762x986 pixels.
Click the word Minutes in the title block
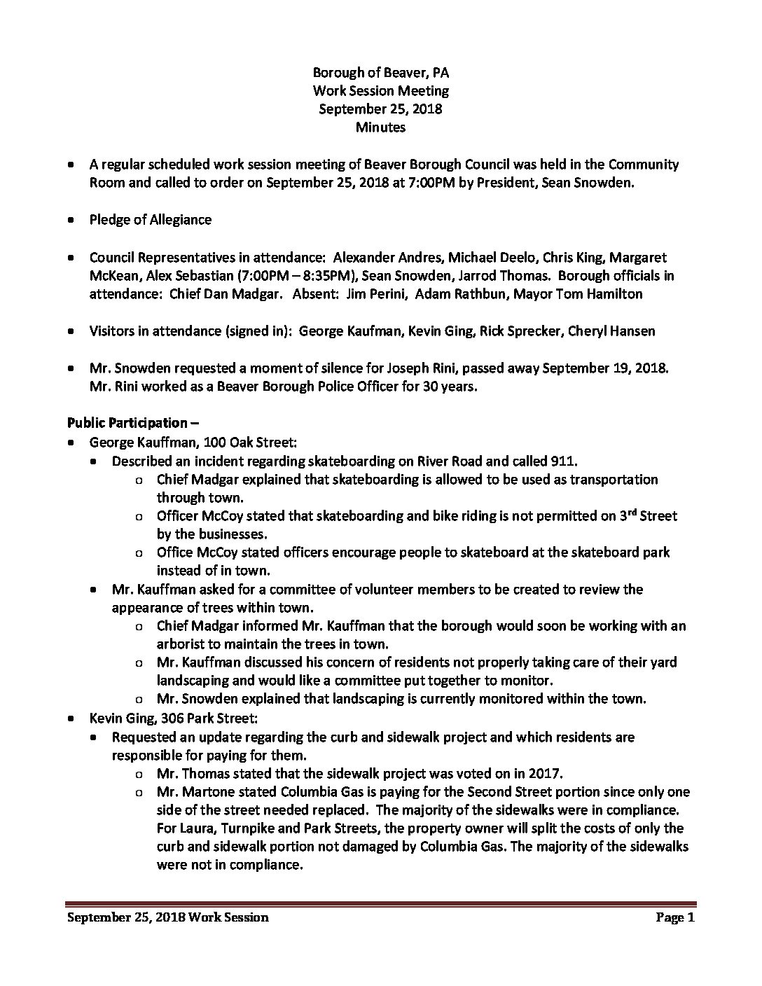pos(380,127)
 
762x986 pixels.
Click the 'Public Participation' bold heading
pos(128,423)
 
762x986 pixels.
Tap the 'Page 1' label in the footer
pos(674,917)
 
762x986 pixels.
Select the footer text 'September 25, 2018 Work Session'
pos(168,917)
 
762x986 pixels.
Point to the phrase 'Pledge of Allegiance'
pos(150,220)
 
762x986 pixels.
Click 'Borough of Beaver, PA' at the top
pos(380,72)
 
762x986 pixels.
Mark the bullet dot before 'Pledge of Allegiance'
pos(71,220)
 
